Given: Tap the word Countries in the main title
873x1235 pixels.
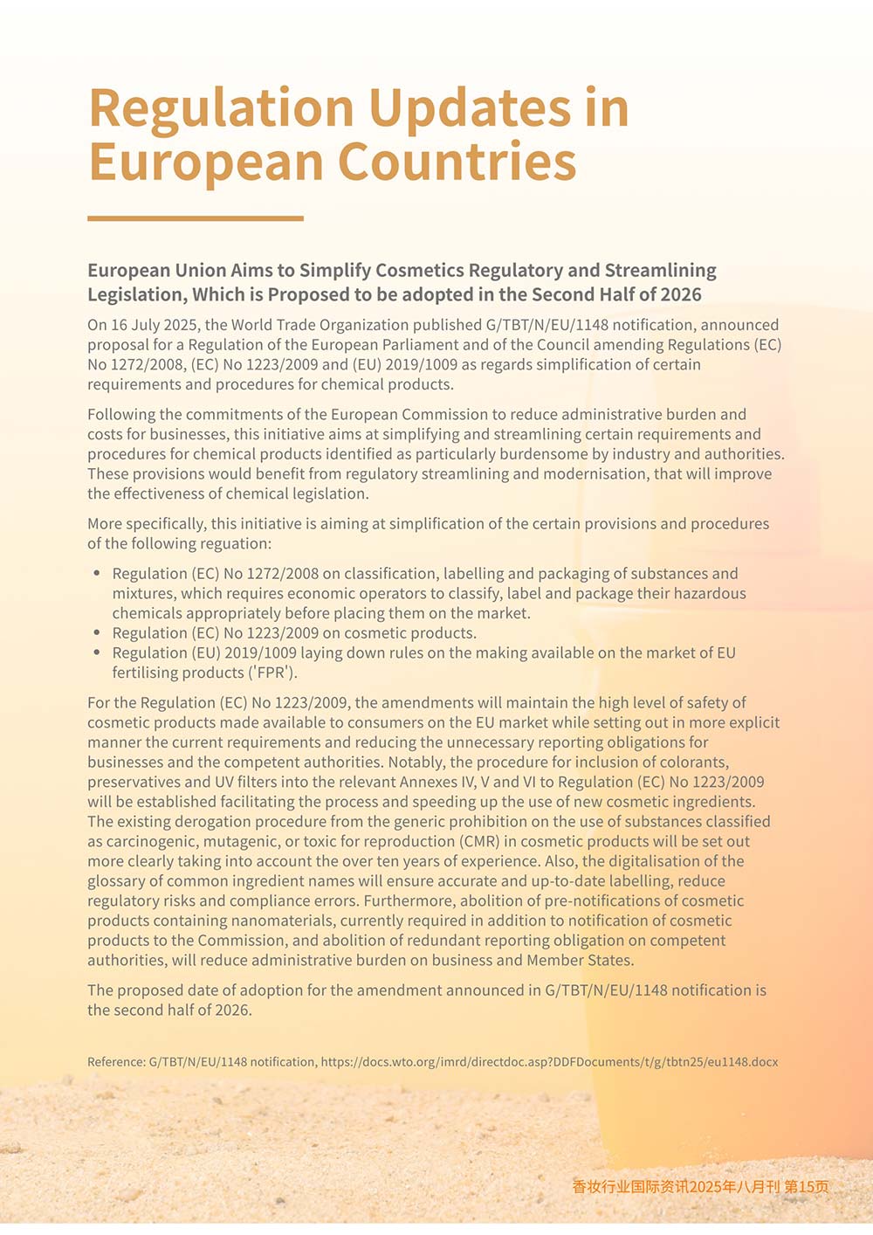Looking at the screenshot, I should click(x=457, y=162).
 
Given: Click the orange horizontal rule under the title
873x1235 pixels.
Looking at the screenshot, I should click(x=196, y=218).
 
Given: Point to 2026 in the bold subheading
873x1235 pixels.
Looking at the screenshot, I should click(x=681, y=294).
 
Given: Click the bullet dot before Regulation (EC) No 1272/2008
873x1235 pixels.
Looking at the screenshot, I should click(x=97, y=574).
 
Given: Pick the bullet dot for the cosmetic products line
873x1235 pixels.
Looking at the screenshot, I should click(x=97, y=633).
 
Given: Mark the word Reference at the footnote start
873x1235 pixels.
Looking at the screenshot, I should click(x=116, y=1062).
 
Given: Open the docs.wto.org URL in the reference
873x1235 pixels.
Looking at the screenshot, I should click(x=549, y=1062).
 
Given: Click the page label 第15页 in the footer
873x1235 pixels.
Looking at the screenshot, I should click(x=807, y=1186).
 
